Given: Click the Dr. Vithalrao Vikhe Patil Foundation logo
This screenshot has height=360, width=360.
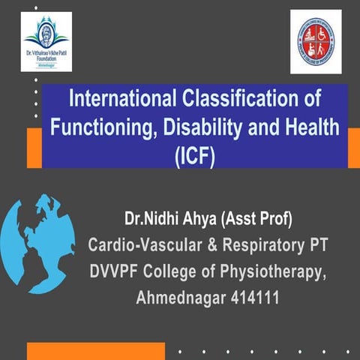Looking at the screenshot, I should tap(46, 41).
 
